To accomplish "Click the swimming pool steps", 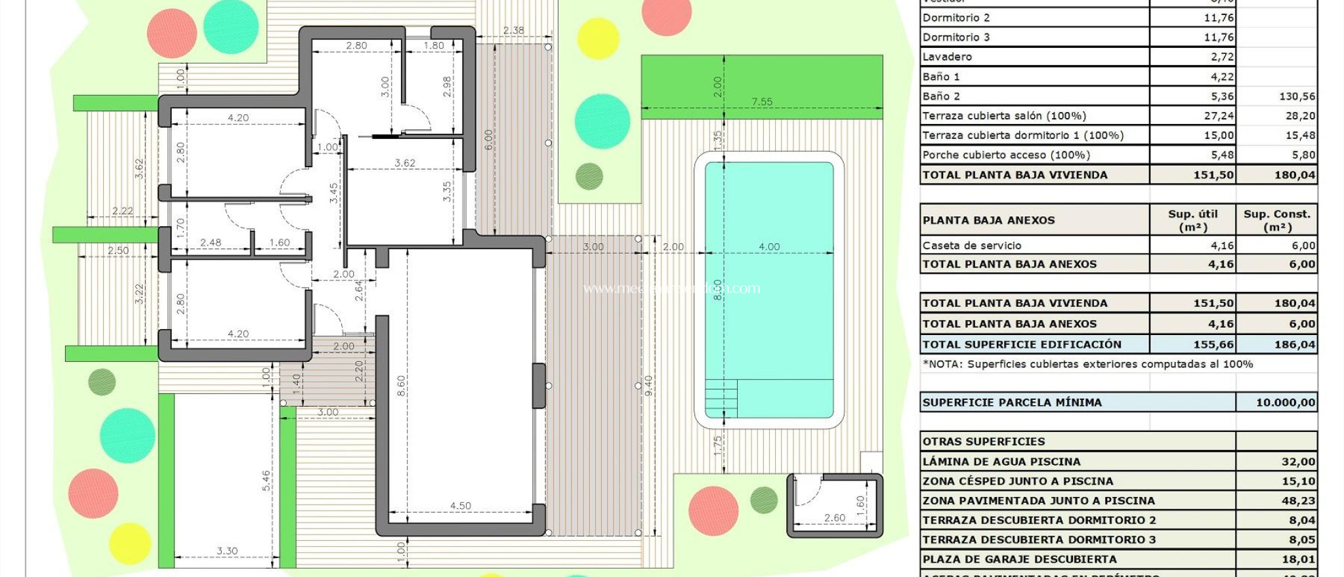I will [x=721, y=398].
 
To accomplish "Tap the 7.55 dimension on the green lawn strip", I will [x=761, y=102].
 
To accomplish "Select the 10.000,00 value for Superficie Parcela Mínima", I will [x=1285, y=403].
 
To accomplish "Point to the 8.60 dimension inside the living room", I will [x=401, y=385].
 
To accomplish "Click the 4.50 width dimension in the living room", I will [x=460, y=506].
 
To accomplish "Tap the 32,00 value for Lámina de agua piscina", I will [x=1297, y=462].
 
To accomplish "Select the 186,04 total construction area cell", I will [x=1294, y=344].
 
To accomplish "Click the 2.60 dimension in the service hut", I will [x=834, y=517].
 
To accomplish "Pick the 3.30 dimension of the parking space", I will [x=227, y=551].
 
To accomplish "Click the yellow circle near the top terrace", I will [x=598, y=39].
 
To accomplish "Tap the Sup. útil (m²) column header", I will [x=1192, y=220].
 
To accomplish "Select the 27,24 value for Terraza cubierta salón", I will [x=1219, y=116].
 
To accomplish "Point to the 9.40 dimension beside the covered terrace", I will [x=648, y=385].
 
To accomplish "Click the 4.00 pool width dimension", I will [x=768, y=247].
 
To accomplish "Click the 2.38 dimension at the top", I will [x=513, y=30].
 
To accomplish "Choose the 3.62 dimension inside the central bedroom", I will [x=404, y=163].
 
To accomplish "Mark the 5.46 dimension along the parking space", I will [x=266, y=480].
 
